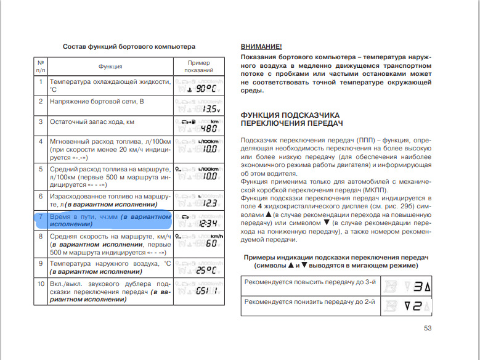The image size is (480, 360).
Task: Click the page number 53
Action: coord(427,328)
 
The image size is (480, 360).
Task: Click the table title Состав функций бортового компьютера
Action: coord(129,46)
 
